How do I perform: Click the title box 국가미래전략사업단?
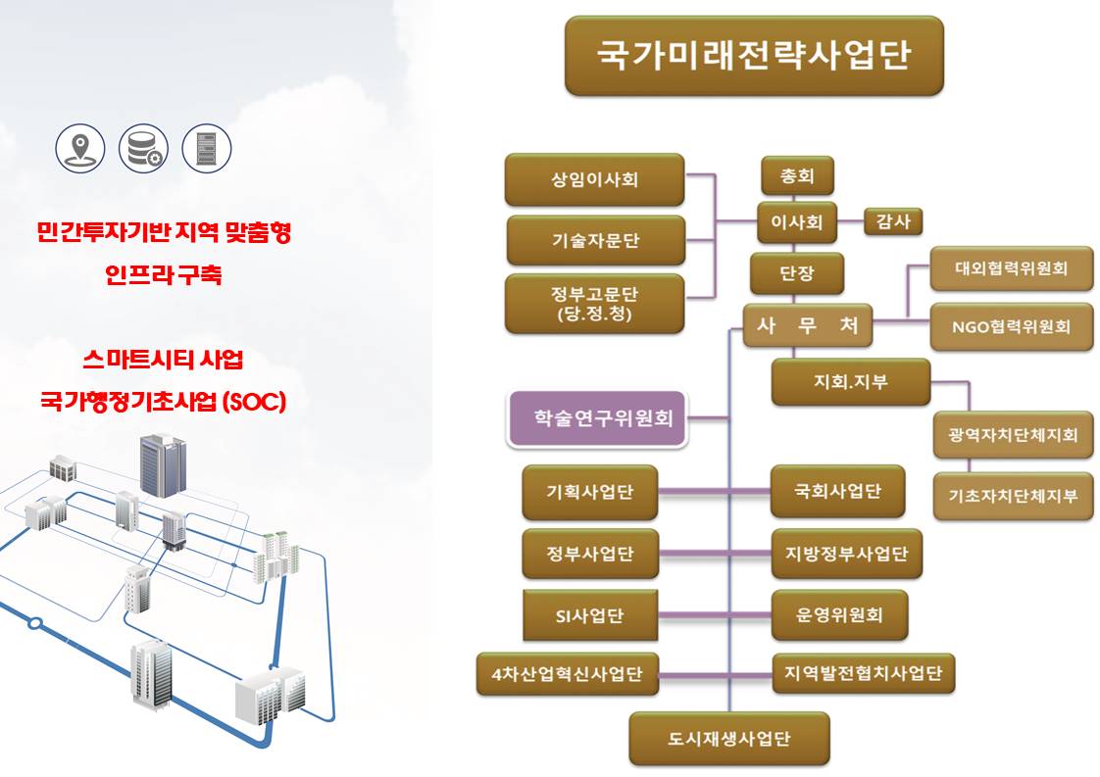click(x=753, y=55)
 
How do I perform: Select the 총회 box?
click(x=797, y=177)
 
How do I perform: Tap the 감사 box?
click(x=893, y=221)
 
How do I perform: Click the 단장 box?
click(x=797, y=273)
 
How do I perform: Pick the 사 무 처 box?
click(x=807, y=326)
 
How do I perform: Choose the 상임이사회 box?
click(x=595, y=179)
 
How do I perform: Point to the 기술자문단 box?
click(x=595, y=240)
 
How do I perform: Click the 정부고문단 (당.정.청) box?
click(x=595, y=303)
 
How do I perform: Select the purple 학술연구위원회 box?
click(x=596, y=418)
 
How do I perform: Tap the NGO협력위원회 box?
click(x=1011, y=326)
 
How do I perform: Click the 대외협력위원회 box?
click(x=1011, y=267)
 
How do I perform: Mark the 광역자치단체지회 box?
click(x=1013, y=434)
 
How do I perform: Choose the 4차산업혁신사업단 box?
click(x=567, y=673)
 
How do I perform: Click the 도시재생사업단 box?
click(x=728, y=738)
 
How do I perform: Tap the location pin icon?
click(x=80, y=148)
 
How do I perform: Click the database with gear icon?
click(x=143, y=148)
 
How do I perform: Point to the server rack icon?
click(x=207, y=148)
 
